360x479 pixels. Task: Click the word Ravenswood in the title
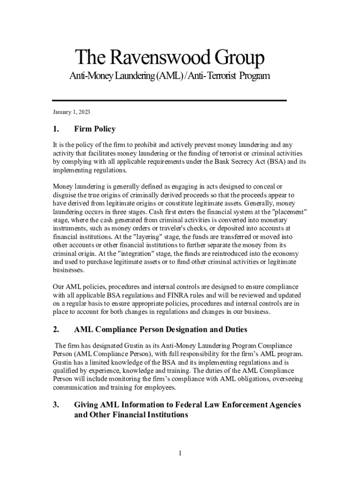(x=154, y=58)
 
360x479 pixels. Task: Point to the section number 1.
(x=56, y=129)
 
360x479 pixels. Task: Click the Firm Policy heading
(x=95, y=129)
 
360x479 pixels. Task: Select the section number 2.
(x=56, y=330)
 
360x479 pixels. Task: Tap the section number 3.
(x=56, y=405)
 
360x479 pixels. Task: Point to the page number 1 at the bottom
(x=180, y=453)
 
